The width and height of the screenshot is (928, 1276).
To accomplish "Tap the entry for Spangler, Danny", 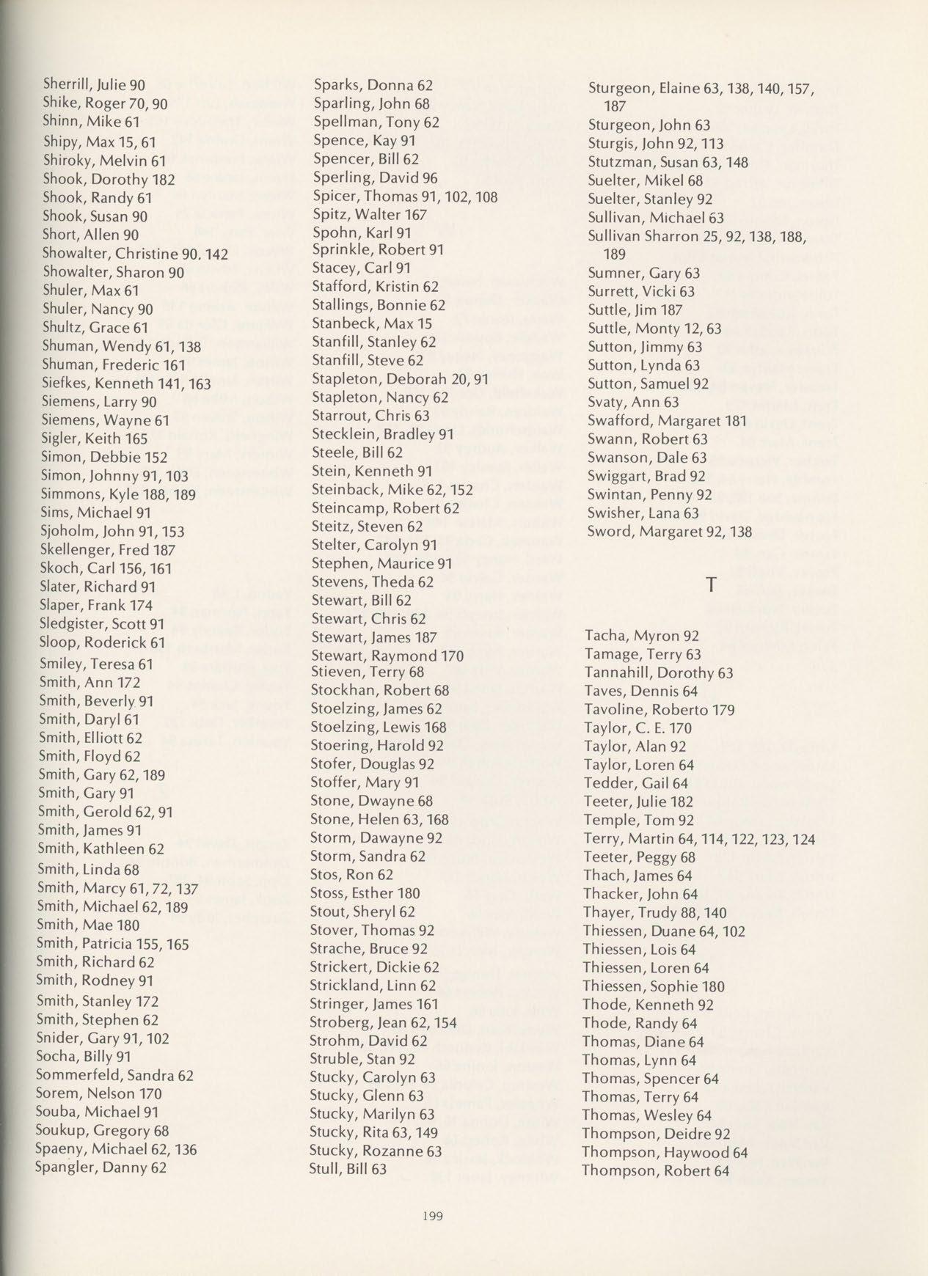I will pos(101,1167).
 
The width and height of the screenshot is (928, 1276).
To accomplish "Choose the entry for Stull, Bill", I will pos(348,1169).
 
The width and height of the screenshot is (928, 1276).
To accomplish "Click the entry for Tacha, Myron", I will pos(642,636).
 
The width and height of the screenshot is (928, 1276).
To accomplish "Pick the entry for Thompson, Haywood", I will pos(665,1152).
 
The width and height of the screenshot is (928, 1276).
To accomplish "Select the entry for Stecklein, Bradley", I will pos(382,434).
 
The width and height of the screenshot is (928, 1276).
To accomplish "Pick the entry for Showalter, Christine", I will pos(135,254).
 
